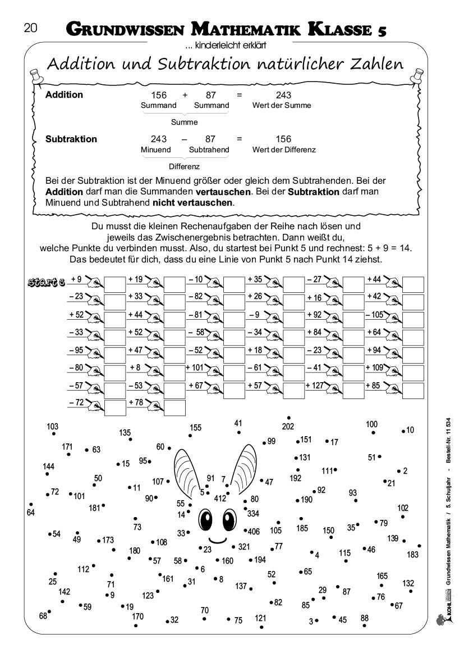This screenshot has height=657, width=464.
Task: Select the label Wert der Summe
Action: click(282, 105)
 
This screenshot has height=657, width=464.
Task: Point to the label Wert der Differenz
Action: click(284, 149)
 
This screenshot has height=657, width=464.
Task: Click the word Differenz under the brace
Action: click(184, 166)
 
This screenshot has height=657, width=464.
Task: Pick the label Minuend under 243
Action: click(155, 149)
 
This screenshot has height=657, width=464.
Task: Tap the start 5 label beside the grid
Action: click(47, 281)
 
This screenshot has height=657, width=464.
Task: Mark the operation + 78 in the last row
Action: click(135, 403)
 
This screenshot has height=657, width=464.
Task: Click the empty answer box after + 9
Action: click(114, 284)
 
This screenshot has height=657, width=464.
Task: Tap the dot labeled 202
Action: click(288, 418)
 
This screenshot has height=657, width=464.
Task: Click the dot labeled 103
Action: click(53, 434)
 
